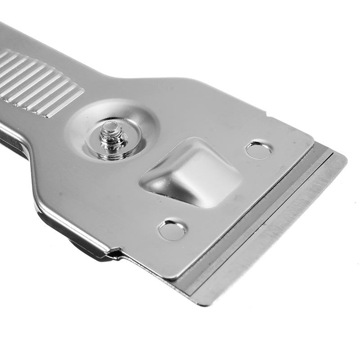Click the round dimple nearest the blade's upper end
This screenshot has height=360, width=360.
click(x=259, y=150)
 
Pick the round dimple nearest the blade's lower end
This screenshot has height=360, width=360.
click(x=172, y=230)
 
